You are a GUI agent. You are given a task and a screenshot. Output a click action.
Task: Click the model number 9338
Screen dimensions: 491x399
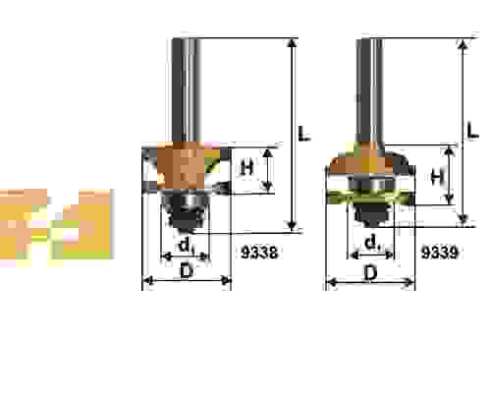tap(259, 253)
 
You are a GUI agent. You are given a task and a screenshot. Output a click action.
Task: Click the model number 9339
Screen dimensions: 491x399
tap(439, 253)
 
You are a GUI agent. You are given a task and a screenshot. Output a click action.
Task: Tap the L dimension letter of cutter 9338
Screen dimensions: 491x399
tap(304, 133)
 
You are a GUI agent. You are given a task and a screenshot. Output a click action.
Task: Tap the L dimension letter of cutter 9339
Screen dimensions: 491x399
tap(472, 130)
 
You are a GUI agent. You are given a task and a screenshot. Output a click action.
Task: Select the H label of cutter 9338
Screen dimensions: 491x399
tap(247, 167)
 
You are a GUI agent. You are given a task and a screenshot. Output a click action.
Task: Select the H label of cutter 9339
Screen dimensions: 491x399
tap(437, 177)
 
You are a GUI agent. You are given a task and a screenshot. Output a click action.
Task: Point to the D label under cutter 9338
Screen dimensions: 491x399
tap(187, 271)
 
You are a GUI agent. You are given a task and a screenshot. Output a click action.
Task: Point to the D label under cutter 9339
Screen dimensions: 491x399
tap(370, 273)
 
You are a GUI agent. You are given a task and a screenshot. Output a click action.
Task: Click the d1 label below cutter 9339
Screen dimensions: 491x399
tap(372, 244)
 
